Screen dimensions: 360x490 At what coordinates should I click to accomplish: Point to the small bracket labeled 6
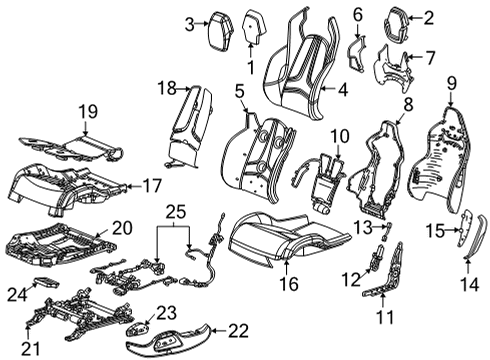358,51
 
